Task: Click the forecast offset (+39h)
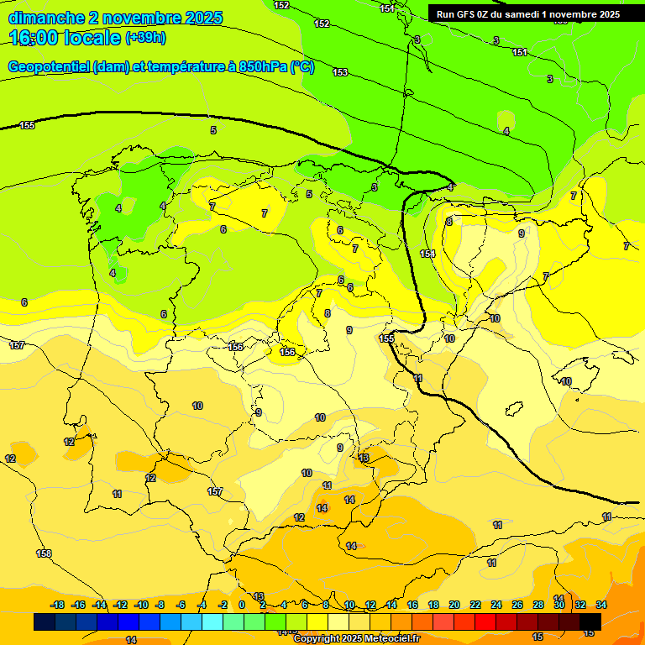(x=145, y=38)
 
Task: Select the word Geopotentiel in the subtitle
(x=47, y=67)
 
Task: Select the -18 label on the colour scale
(x=57, y=605)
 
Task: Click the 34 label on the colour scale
(x=601, y=605)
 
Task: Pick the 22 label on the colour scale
(x=475, y=605)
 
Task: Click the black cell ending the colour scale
(x=590, y=621)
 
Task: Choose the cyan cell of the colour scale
(x=212, y=621)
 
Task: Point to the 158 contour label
(x=44, y=553)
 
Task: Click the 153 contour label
(x=339, y=73)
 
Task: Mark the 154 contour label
(x=427, y=254)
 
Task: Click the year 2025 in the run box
(x=604, y=14)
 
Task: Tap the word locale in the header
(x=89, y=38)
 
